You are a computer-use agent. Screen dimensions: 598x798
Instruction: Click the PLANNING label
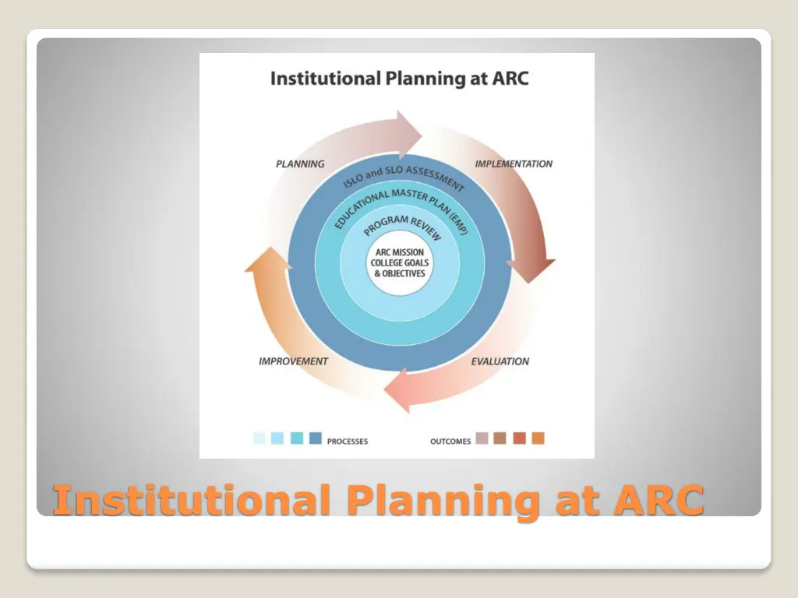tap(300, 164)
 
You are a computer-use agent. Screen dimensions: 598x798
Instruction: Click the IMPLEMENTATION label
tap(514, 164)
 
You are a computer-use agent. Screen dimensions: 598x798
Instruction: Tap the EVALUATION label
tap(500, 361)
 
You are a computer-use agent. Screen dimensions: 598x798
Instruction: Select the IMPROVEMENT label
tap(293, 361)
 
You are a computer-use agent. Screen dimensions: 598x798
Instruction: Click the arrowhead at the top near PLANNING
tap(407, 128)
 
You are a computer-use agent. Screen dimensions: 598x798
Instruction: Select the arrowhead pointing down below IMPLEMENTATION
tap(531, 269)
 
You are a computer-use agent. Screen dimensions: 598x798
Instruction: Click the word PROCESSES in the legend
tap(348, 441)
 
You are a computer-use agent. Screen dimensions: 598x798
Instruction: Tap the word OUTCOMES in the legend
tap(450, 441)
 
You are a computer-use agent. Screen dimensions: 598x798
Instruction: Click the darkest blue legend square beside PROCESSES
tap(316, 438)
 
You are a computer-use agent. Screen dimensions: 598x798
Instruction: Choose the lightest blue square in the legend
tap(260, 438)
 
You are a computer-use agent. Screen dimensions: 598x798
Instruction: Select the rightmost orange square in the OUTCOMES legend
tap(538, 438)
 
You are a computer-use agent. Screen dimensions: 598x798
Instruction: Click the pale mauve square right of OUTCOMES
tap(482, 438)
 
